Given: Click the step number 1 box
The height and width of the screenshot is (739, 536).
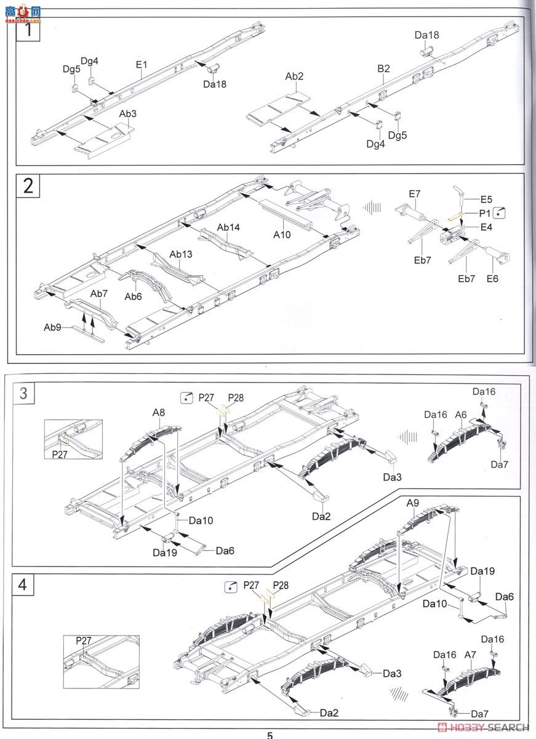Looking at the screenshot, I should pyautogui.click(x=28, y=28).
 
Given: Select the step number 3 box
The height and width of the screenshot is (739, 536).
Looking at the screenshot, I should pyautogui.click(x=23, y=393).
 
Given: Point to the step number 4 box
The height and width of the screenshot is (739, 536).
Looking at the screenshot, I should pyautogui.click(x=23, y=584).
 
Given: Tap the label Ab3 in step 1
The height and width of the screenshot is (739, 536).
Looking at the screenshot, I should pyautogui.click(x=127, y=113).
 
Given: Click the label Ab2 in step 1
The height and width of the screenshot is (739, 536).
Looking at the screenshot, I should pyautogui.click(x=294, y=76).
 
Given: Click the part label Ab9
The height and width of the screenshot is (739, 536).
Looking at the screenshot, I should pyautogui.click(x=52, y=328).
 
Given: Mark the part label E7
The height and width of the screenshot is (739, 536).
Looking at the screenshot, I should pyautogui.click(x=414, y=194).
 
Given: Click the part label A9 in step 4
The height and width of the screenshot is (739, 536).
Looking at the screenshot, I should pyautogui.click(x=413, y=503).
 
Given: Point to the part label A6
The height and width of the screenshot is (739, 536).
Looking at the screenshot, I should pyautogui.click(x=462, y=415).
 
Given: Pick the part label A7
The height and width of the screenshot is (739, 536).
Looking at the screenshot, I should pyautogui.click(x=470, y=655).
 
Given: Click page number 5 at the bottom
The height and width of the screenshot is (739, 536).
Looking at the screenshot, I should pyautogui.click(x=269, y=735).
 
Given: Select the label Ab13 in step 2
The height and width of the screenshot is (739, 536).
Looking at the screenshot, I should pyautogui.click(x=181, y=254).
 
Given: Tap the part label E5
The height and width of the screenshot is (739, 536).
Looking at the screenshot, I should pyautogui.click(x=486, y=200).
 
